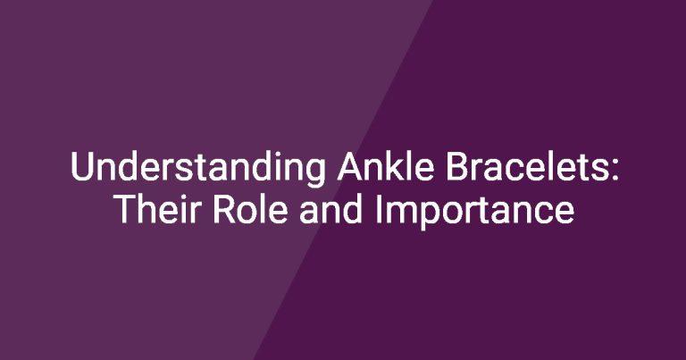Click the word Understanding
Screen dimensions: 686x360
(197, 168)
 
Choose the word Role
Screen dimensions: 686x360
(250, 209)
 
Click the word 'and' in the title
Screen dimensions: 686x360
(331, 209)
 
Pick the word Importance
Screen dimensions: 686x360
(474, 212)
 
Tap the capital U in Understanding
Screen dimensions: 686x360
(82, 166)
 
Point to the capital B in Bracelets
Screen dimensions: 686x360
(457, 166)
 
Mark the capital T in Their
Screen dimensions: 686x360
(126, 209)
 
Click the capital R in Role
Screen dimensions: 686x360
(224, 209)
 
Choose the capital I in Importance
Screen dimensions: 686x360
(378, 209)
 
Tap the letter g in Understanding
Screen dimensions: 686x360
(315, 173)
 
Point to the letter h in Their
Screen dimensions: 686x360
(150, 208)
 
